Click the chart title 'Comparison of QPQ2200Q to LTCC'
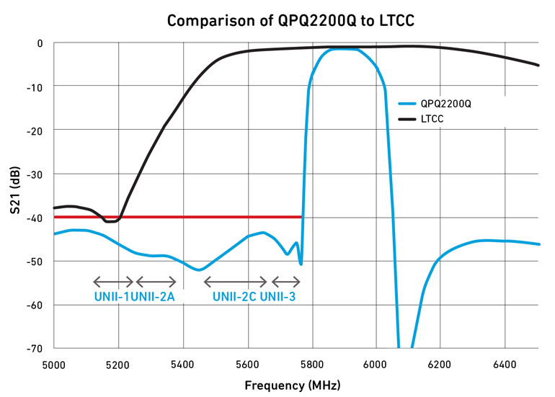290,21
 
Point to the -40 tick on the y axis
35,218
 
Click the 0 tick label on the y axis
40,43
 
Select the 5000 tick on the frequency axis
55,364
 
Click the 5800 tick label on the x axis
312,364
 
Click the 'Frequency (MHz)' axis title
293,385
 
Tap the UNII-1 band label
112,296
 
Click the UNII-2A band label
154,296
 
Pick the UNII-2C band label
234,296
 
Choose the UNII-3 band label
277,296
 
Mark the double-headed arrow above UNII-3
285,282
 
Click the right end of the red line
301,217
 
